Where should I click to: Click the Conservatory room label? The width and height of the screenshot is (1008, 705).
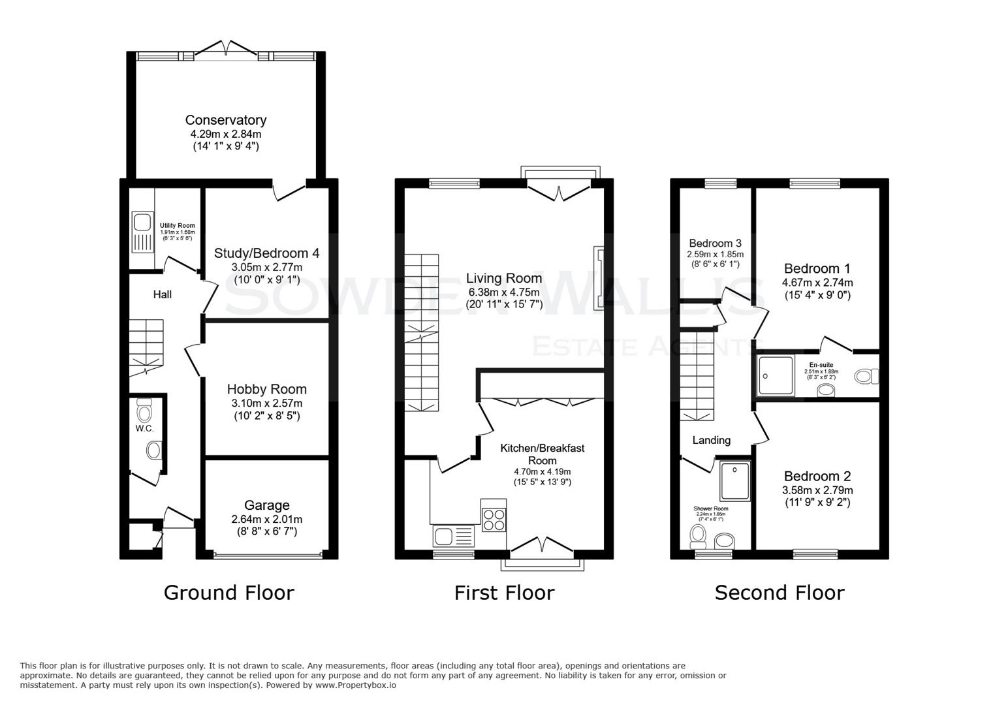(x=225, y=120)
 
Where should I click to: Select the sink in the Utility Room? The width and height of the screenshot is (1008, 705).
(x=141, y=232)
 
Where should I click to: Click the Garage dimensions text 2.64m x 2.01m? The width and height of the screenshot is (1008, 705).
(x=266, y=519)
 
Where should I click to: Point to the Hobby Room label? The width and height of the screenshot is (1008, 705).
(x=266, y=389)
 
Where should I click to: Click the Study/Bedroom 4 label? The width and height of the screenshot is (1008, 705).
(x=266, y=253)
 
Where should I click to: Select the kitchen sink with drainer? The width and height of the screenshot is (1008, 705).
(x=452, y=537)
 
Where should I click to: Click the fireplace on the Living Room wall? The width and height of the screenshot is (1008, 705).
(x=598, y=278)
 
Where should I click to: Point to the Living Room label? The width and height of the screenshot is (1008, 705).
(x=504, y=278)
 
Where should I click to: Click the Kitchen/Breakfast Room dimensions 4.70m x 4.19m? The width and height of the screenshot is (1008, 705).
(x=542, y=472)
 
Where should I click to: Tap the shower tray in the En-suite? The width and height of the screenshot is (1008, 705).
(x=776, y=375)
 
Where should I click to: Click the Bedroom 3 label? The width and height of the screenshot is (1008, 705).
(x=715, y=243)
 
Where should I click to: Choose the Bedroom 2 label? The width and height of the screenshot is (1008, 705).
(x=817, y=477)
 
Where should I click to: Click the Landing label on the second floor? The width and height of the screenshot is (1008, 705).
(x=711, y=440)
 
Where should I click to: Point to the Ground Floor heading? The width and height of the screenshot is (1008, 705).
(x=228, y=593)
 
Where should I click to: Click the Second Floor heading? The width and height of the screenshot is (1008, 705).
(x=779, y=593)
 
